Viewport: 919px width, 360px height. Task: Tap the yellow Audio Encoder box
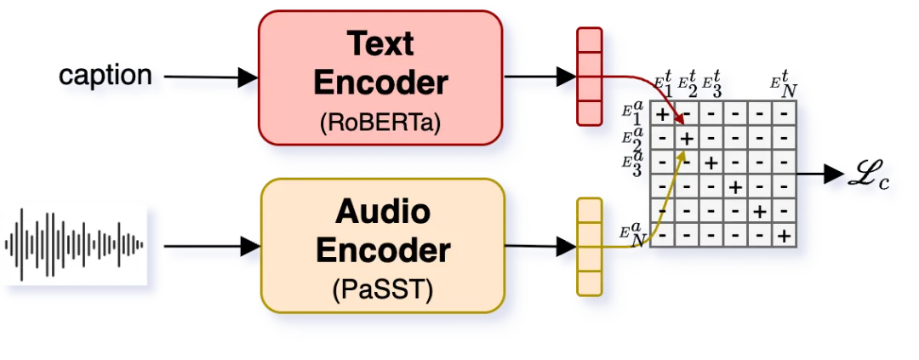point(383,245)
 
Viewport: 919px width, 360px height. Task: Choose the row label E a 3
point(632,161)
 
